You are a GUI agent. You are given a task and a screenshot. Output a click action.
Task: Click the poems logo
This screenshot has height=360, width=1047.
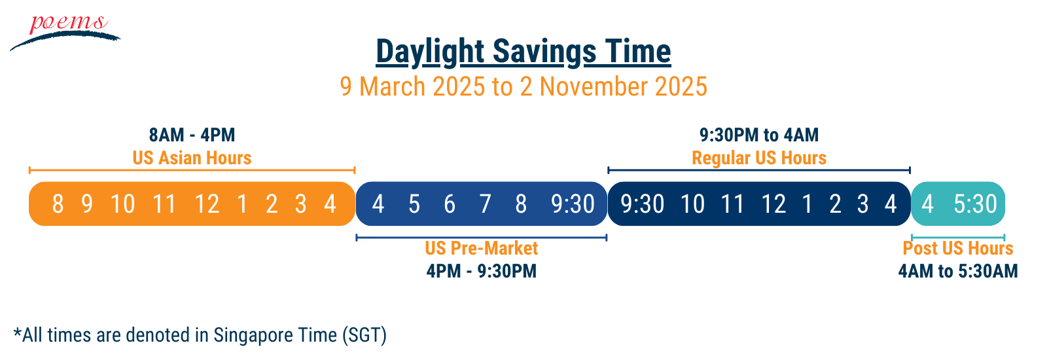tap(65, 32)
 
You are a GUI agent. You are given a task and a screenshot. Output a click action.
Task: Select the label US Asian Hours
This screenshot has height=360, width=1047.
tap(192, 158)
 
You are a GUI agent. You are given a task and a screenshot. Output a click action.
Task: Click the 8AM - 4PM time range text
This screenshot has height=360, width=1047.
tap(192, 135)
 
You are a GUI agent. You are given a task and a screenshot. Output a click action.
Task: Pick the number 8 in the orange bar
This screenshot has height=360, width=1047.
tap(58, 204)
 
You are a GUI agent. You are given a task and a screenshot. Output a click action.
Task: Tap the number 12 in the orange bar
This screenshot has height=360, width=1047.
tap(207, 204)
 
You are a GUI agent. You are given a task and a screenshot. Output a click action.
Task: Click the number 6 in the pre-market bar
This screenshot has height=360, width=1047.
tap(450, 204)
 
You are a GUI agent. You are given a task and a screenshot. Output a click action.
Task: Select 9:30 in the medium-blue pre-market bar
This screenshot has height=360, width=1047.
tap(573, 204)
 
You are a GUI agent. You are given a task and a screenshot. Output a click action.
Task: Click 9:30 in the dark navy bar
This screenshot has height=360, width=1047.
tap(642, 204)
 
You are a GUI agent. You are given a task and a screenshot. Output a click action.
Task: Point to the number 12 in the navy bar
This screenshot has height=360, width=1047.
tap(773, 204)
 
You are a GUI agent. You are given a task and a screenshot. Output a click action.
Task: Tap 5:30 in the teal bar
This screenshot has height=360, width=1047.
tap(976, 204)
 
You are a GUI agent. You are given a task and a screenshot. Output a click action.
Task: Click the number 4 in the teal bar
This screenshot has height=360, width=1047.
tap(927, 204)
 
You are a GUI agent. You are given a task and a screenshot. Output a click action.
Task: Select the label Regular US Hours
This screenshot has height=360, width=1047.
tap(759, 158)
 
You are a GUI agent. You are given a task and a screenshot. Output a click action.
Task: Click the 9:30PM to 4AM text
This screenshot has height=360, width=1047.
tap(759, 135)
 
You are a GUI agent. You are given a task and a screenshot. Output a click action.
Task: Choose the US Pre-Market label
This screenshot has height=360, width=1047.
tap(482, 248)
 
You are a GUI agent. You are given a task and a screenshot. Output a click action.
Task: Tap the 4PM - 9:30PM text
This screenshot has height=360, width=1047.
tap(482, 271)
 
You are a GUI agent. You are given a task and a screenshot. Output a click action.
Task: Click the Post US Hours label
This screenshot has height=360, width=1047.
tap(958, 248)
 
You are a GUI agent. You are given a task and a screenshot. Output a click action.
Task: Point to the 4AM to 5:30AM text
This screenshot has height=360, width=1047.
tap(958, 271)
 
